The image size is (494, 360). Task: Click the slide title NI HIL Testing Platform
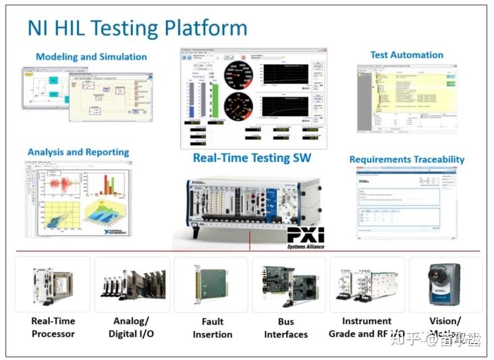click(x=137, y=28)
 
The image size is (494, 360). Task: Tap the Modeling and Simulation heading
click(x=91, y=57)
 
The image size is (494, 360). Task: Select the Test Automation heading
click(x=406, y=55)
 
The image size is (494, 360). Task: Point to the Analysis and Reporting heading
click(x=78, y=152)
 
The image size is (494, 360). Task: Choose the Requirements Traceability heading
click(x=406, y=159)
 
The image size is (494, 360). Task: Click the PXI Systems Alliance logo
click(x=306, y=238)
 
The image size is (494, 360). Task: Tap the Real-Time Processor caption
click(x=53, y=327)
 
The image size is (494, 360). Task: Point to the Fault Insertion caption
click(x=212, y=328)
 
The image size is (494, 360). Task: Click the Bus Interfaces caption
click(x=286, y=328)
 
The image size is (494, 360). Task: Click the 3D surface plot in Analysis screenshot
click(x=105, y=216)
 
